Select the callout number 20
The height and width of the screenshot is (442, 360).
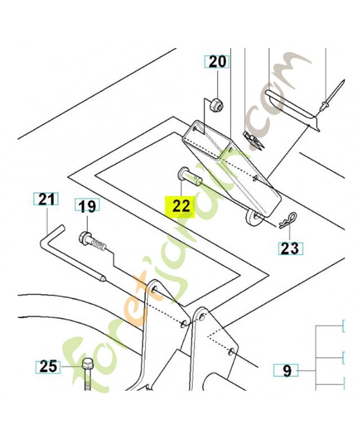coord(216,62)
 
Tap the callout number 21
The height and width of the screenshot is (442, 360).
coord(46,199)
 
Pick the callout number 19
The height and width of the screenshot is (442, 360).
coord(86,207)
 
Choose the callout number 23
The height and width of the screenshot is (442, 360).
coord(289,248)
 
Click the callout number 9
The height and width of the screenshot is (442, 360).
coord(287,370)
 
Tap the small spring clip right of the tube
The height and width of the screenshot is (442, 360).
coord(254,140)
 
